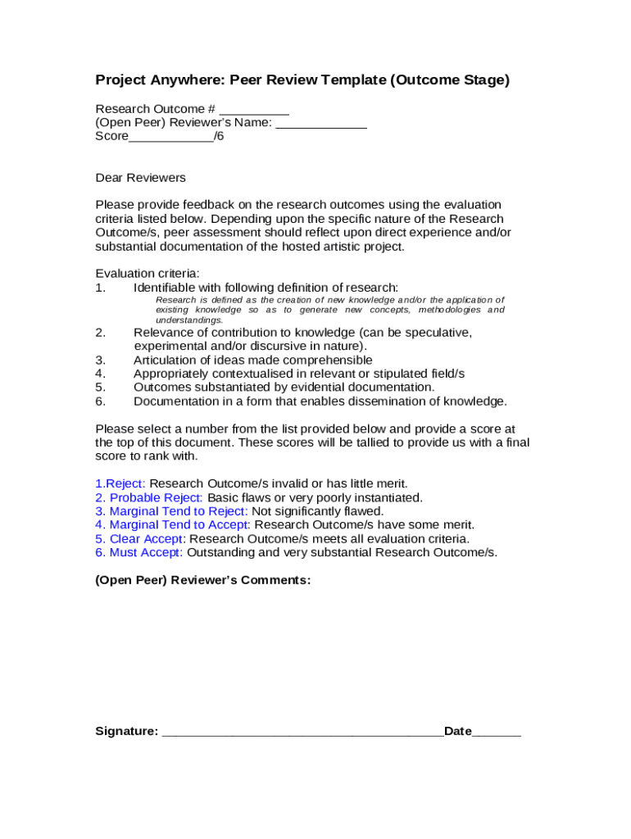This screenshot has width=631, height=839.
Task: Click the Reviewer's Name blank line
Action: click(x=321, y=125)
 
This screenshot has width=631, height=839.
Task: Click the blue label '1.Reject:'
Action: click(x=120, y=483)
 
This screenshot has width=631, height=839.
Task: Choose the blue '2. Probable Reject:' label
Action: click(x=149, y=497)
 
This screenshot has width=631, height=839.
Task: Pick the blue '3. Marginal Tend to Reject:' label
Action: click(x=171, y=511)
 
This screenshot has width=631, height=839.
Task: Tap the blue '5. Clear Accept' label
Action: click(x=138, y=538)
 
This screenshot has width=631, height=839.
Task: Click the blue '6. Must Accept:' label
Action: click(x=138, y=552)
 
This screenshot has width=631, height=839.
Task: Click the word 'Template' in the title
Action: click(x=344, y=79)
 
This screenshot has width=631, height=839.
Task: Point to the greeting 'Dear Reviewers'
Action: click(x=140, y=178)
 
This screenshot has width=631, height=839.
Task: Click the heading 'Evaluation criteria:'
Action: click(x=148, y=273)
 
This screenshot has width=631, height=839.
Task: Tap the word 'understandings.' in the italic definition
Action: click(x=189, y=320)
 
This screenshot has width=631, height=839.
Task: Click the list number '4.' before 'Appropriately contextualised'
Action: click(x=101, y=374)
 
